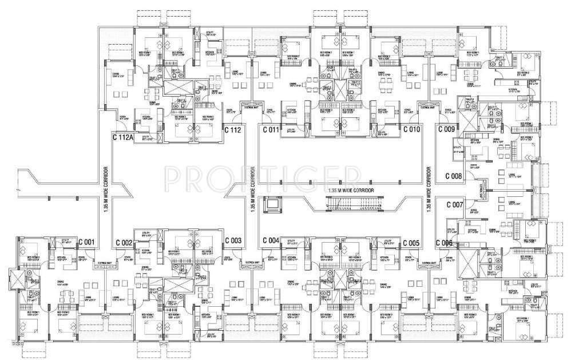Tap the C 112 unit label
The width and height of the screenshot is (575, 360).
(233, 129)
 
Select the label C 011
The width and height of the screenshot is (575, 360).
(271, 129)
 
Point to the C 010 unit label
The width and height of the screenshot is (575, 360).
(411, 129)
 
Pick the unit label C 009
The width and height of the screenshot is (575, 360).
(446, 129)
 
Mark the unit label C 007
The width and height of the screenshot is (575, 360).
(454, 204)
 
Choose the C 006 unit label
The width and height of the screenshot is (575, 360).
(444, 243)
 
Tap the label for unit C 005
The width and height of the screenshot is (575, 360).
(411, 243)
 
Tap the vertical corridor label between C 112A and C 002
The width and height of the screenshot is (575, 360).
(106, 189)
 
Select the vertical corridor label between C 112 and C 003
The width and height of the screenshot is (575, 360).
(252, 189)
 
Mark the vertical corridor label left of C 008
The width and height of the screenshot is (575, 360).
(429, 189)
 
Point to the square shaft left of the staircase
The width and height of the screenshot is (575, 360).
(271, 204)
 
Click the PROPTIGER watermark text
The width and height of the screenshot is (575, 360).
(263, 179)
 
